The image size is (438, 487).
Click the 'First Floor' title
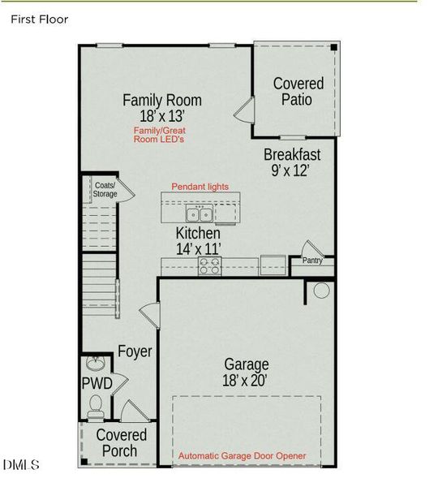tap(39, 19)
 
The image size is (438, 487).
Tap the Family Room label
tap(162, 101)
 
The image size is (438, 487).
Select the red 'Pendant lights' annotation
tap(200, 187)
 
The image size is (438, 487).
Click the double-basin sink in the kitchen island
tap(200, 214)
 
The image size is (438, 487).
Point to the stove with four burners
tap(209, 264)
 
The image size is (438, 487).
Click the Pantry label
tap(312, 261)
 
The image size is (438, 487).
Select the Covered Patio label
tap(298, 91)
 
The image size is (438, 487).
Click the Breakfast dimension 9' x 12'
tap(293, 171)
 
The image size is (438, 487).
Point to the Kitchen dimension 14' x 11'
tap(199, 249)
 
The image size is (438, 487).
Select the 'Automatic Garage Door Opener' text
tap(242, 456)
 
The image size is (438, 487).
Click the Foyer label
tap(135, 351)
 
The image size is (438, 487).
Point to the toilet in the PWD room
tap(96, 403)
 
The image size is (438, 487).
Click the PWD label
tap(95, 382)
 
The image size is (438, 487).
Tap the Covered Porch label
tap(122, 443)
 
